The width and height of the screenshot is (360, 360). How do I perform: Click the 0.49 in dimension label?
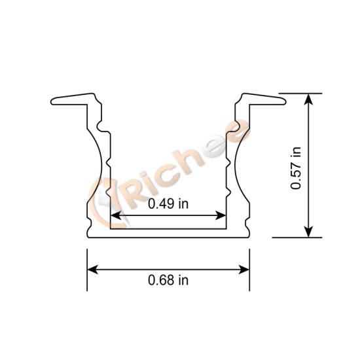168,204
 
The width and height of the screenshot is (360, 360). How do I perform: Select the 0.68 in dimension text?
168,280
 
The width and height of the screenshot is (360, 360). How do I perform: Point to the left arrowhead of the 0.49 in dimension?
115,215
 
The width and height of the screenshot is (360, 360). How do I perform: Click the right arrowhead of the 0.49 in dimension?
221,215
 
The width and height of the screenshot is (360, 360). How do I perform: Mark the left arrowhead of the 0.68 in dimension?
92,268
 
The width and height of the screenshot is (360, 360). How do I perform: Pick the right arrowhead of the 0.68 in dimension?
245,268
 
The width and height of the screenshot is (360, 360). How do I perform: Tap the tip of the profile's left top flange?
53,101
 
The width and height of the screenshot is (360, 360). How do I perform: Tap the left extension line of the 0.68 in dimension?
87,268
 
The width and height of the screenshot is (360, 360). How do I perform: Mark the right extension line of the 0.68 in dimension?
249,268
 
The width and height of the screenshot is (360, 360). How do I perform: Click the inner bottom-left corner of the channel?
111,229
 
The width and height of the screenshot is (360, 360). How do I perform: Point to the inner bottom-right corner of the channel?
226,229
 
